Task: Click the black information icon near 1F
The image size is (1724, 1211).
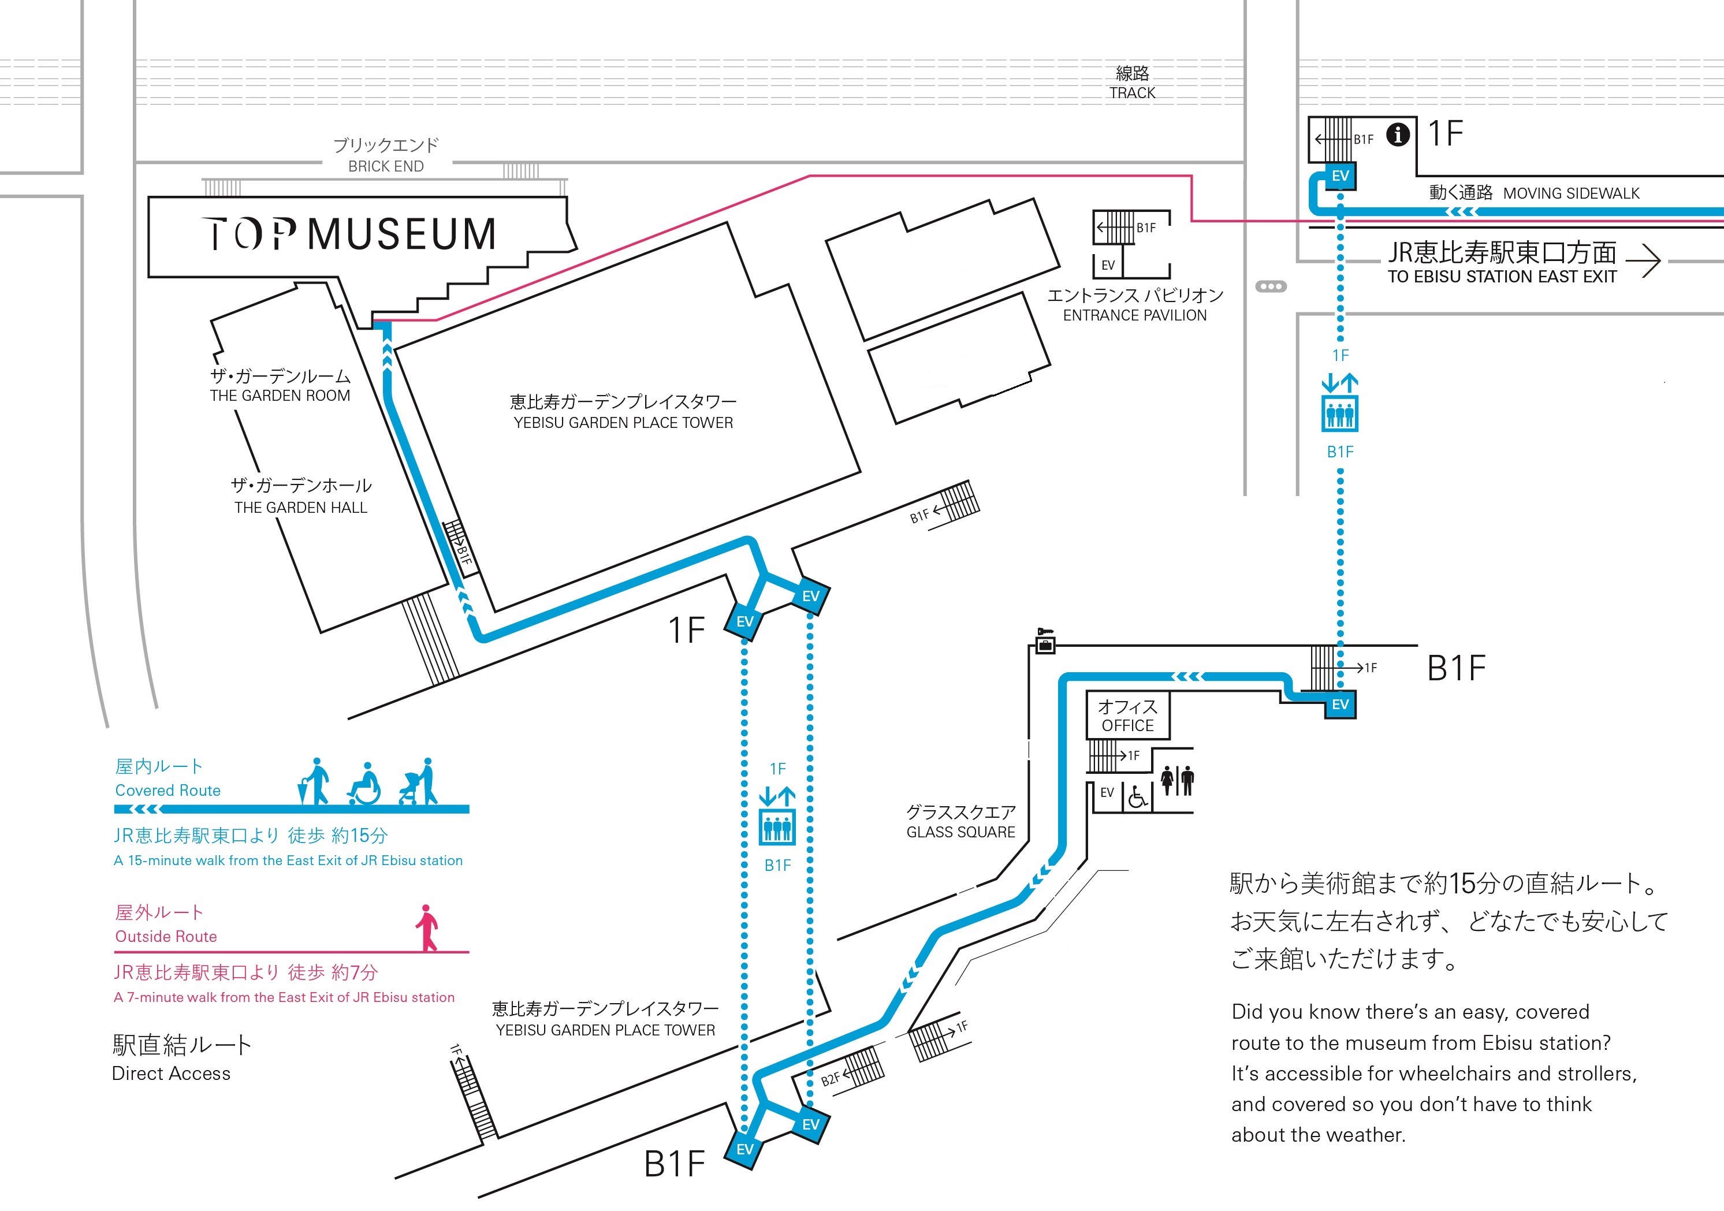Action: pos(1397,135)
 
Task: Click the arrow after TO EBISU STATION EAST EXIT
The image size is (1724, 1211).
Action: pos(1643,260)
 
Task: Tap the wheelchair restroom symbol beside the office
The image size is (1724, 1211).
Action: pos(1138,796)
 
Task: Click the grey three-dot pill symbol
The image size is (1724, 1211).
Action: pos(1271,287)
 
